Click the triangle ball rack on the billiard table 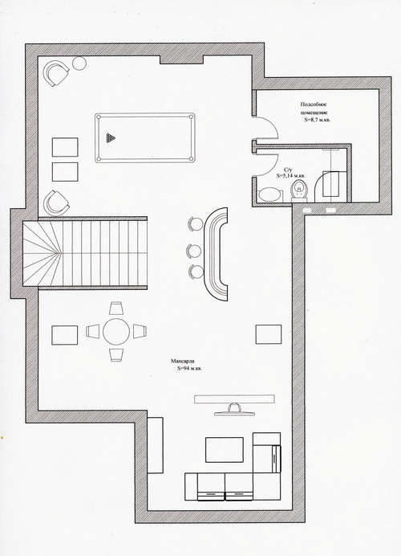111,138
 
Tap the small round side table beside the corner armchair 79,63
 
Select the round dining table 116,332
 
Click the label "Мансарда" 182,362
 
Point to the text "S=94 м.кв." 189,369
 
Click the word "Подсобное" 314,104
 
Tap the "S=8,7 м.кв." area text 318,121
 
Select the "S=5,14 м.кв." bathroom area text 290,175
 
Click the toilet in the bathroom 299,190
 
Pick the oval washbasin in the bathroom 270,194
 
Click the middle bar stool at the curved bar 193,251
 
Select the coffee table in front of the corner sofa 225,450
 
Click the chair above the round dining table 116,308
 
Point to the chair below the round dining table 116,355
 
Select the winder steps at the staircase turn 40,253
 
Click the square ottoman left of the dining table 65,335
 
